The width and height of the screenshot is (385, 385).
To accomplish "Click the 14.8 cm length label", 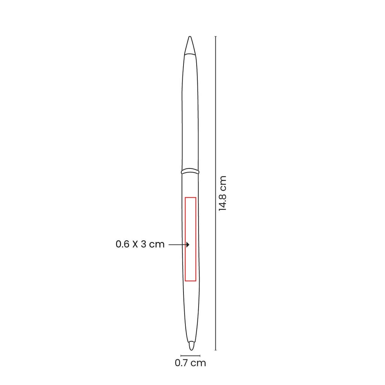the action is [x=223, y=194].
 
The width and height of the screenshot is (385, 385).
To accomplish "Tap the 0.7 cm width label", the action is [x=190, y=363].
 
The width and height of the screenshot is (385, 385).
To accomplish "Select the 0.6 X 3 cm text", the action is [x=140, y=244].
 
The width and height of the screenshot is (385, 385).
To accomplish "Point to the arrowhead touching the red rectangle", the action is [x=188, y=244].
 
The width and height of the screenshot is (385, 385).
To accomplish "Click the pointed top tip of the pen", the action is [x=190, y=37].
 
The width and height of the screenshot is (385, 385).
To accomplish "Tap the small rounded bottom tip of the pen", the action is [x=191, y=346].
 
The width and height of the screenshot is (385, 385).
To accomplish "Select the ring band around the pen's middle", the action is [x=190, y=171].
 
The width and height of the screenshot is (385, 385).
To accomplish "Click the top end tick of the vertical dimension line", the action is [x=215, y=36].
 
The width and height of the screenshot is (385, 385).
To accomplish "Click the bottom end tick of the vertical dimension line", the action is [x=215, y=350].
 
